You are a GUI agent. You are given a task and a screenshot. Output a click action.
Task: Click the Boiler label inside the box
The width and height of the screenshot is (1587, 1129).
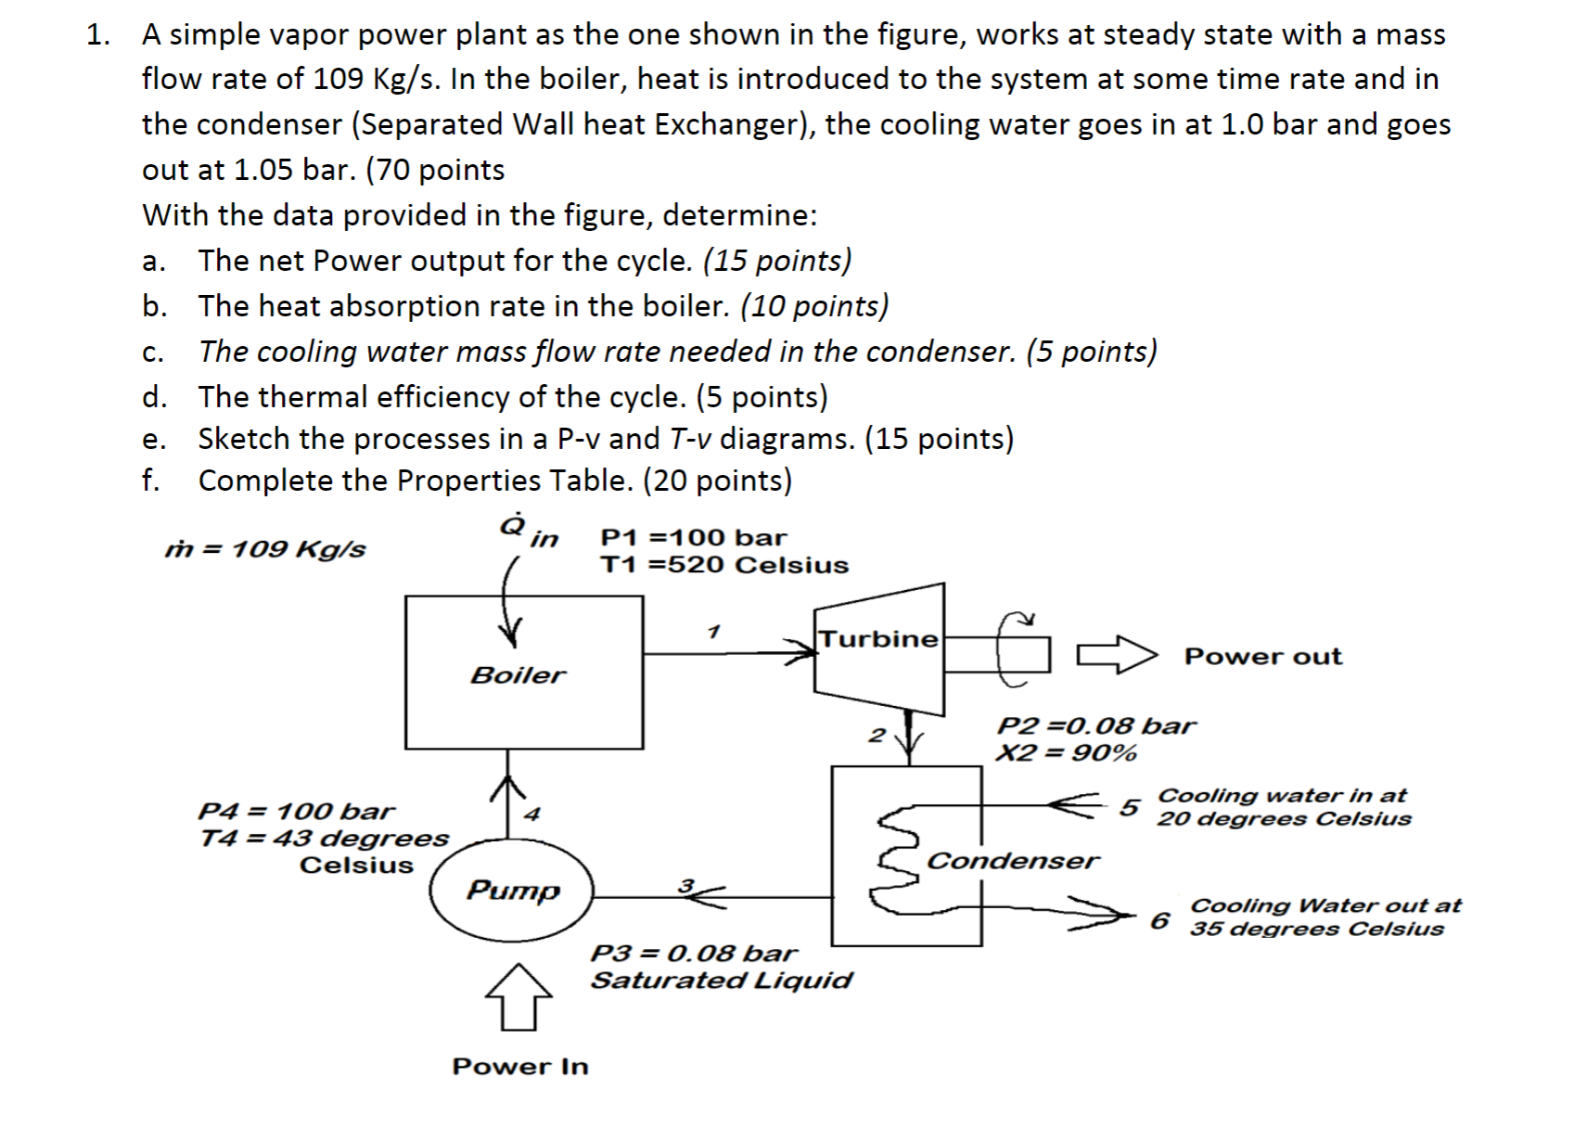518,674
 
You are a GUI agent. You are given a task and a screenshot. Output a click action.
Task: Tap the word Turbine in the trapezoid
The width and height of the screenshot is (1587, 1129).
877,639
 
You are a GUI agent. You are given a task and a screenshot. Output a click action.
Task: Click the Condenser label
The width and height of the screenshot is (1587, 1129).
1012,861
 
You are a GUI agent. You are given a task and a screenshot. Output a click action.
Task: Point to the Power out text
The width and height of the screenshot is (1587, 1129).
1262,657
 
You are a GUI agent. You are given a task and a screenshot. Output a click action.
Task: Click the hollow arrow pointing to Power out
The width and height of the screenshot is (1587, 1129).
1117,654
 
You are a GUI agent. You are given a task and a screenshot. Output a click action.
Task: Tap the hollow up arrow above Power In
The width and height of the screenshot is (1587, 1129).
518,996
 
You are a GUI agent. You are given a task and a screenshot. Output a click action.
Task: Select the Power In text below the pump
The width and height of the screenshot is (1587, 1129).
519,1067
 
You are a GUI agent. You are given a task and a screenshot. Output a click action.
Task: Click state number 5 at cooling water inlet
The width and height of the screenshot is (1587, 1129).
1128,807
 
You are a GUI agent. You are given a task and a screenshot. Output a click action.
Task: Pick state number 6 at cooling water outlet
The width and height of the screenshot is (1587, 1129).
1159,920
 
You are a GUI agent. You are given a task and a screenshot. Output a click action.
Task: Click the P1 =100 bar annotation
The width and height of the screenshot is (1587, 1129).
693,538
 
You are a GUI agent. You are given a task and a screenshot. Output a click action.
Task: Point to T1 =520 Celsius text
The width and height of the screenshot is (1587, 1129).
723,565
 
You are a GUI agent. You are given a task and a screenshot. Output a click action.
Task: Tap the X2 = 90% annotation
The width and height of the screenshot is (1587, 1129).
1066,752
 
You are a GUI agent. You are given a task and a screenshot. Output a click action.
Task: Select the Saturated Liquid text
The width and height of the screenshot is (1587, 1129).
721,981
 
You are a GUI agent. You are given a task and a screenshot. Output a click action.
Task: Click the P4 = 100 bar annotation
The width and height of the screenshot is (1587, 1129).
296,812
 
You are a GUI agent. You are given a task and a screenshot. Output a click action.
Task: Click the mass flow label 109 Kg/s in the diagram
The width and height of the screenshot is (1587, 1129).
265,549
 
